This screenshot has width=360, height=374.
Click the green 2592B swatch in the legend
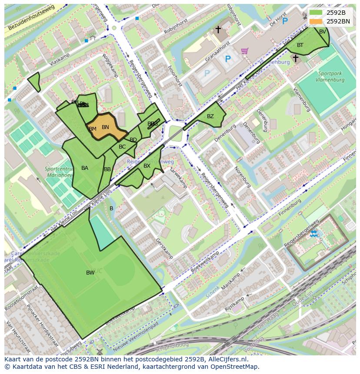click(x=316, y=13)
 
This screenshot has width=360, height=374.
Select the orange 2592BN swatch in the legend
click(x=316, y=21)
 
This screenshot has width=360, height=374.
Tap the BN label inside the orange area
click(x=105, y=127)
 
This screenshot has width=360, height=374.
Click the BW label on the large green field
click(x=90, y=273)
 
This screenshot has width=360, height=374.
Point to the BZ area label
click(x=210, y=116)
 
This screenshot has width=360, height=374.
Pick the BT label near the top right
click(x=300, y=45)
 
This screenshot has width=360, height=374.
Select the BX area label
click(x=147, y=166)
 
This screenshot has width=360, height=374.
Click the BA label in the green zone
click(x=85, y=168)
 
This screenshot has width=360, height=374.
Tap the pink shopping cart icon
click(x=245, y=51)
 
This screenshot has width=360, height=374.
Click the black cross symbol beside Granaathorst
click(x=218, y=30)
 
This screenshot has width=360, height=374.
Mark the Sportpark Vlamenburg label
click(x=331, y=77)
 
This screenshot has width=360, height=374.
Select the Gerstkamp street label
click(x=164, y=248)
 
